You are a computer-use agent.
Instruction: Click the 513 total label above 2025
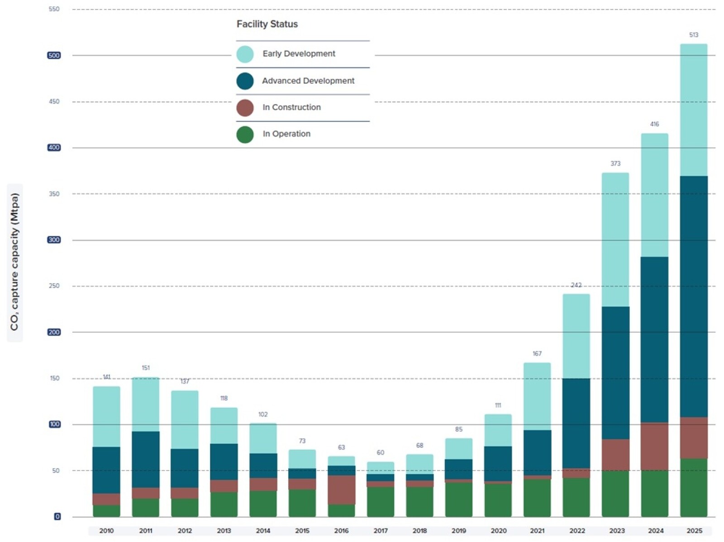click(693, 35)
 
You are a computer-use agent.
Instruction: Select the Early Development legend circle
click(245, 54)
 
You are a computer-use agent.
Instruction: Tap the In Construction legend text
click(291, 107)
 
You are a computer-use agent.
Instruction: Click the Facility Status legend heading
click(267, 24)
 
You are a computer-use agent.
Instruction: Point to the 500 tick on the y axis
click(54, 55)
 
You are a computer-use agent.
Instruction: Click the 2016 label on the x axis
click(341, 530)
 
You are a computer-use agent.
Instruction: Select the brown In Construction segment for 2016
click(341, 490)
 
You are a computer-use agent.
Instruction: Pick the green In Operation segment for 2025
click(693, 487)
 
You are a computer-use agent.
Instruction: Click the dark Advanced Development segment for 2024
click(654, 339)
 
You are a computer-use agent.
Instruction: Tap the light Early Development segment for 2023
click(615, 240)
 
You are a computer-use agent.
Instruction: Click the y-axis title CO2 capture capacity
click(15, 262)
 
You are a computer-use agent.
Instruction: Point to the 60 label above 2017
click(380, 452)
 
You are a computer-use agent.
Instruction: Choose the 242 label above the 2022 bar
click(576, 285)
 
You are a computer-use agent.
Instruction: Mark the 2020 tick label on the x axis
click(498, 530)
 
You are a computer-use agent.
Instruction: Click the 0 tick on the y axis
click(57, 516)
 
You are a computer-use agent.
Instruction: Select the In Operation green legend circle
click(245, 134)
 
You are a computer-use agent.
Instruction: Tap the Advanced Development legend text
click(308, 81)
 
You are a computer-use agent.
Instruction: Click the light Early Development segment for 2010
click(106, 416)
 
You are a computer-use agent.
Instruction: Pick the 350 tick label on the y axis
click(54, 194)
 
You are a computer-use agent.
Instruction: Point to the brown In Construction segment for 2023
click(615, 455)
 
